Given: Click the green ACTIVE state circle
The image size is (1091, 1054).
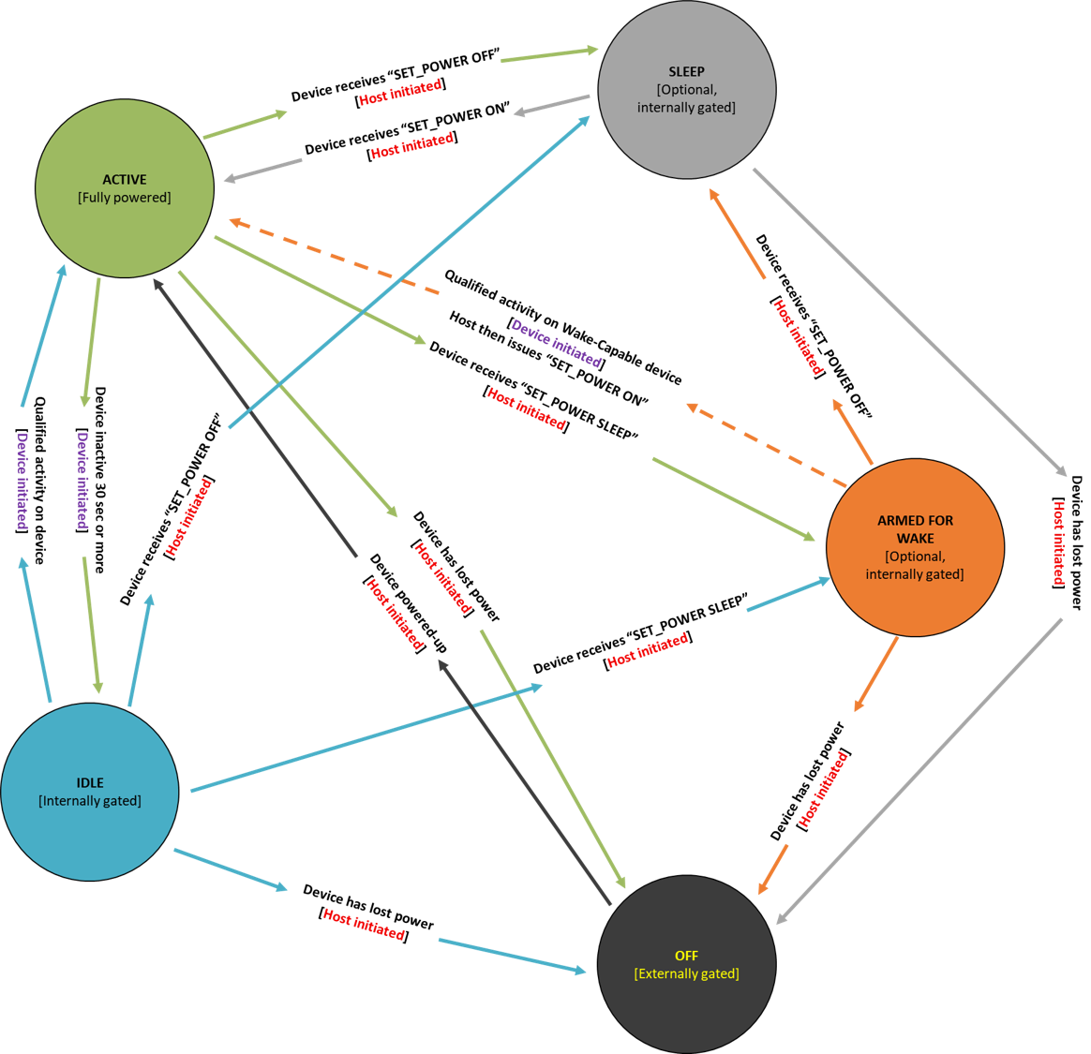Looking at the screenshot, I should tap(125, 188).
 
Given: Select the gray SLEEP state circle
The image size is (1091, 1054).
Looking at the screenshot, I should tap(686, 90).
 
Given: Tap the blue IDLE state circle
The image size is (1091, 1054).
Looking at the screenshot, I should tap(90, 792).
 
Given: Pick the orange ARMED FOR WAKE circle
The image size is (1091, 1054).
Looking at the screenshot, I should tap(915, 547).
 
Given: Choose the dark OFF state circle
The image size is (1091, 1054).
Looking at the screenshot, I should tap(686, 964).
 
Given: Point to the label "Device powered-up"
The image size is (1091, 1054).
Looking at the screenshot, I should tap(409, 603).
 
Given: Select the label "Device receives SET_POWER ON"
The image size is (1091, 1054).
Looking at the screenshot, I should tap(407, 129).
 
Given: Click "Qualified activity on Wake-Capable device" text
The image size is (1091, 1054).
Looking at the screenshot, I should tap(563, 327).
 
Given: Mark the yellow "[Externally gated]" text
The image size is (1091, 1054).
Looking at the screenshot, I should tap(686, 973).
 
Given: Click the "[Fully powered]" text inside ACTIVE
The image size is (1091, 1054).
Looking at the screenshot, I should tap(125, 198).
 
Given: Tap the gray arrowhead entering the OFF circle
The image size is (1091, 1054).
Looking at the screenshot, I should tap(784, 917).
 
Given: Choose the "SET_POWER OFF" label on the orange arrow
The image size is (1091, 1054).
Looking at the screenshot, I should tap(814, 327).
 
